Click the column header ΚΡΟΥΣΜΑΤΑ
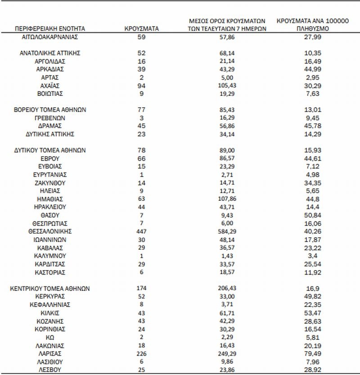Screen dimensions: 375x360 [141, 28]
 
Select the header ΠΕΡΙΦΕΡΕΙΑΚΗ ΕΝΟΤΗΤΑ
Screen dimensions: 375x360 [50, 28]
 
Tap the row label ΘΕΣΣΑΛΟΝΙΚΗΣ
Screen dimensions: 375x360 [50, 231]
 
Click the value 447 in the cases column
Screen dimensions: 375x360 [141, 231]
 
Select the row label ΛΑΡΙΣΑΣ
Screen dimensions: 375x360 [50, 354]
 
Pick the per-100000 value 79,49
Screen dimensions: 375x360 [312, 354]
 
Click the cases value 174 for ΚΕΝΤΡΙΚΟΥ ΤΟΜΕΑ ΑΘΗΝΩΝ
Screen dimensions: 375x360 [141, 288]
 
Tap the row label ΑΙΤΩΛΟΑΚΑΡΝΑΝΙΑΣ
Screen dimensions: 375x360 [50, 36]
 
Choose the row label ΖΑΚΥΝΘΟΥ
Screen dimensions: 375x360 [50, 183]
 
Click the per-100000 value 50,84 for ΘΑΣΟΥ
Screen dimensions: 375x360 [312, 215]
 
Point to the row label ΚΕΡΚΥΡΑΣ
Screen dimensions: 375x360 [50, 296]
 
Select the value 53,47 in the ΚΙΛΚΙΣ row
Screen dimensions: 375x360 [312, 313]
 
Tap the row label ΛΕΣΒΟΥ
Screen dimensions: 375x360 [50, 370]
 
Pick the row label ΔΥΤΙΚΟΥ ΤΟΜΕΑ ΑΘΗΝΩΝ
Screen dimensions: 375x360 [50, 150]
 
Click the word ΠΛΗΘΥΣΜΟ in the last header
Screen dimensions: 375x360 [312, 28]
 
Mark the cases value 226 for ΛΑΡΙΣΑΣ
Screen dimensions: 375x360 [141, 354]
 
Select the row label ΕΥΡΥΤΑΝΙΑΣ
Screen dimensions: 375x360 [50, 175]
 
